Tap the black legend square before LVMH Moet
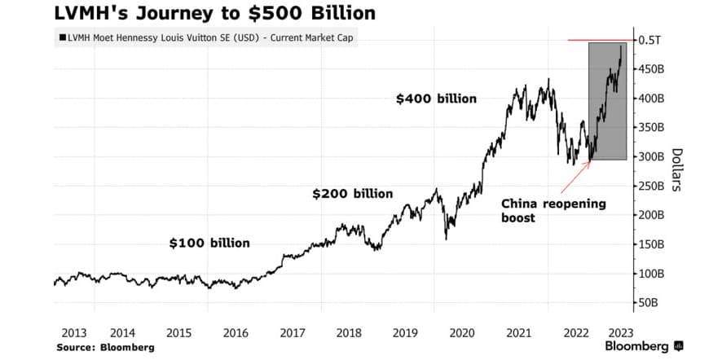[61, 37]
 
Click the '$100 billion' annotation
[209, 243]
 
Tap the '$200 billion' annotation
[353, 194]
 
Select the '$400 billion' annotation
[436, 99]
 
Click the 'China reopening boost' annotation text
[554, 210]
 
